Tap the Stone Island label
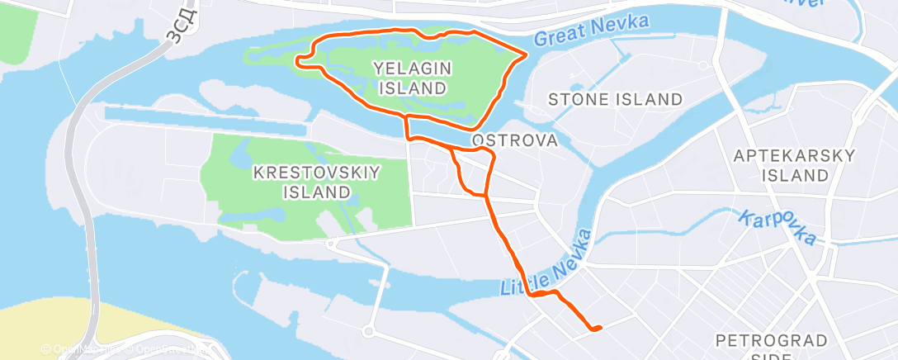point(617,100)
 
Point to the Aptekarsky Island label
point(795,165)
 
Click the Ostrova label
point(515,140)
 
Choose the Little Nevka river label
point(547,263)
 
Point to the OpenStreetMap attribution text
point(124,349)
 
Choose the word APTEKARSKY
point(795,155)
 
